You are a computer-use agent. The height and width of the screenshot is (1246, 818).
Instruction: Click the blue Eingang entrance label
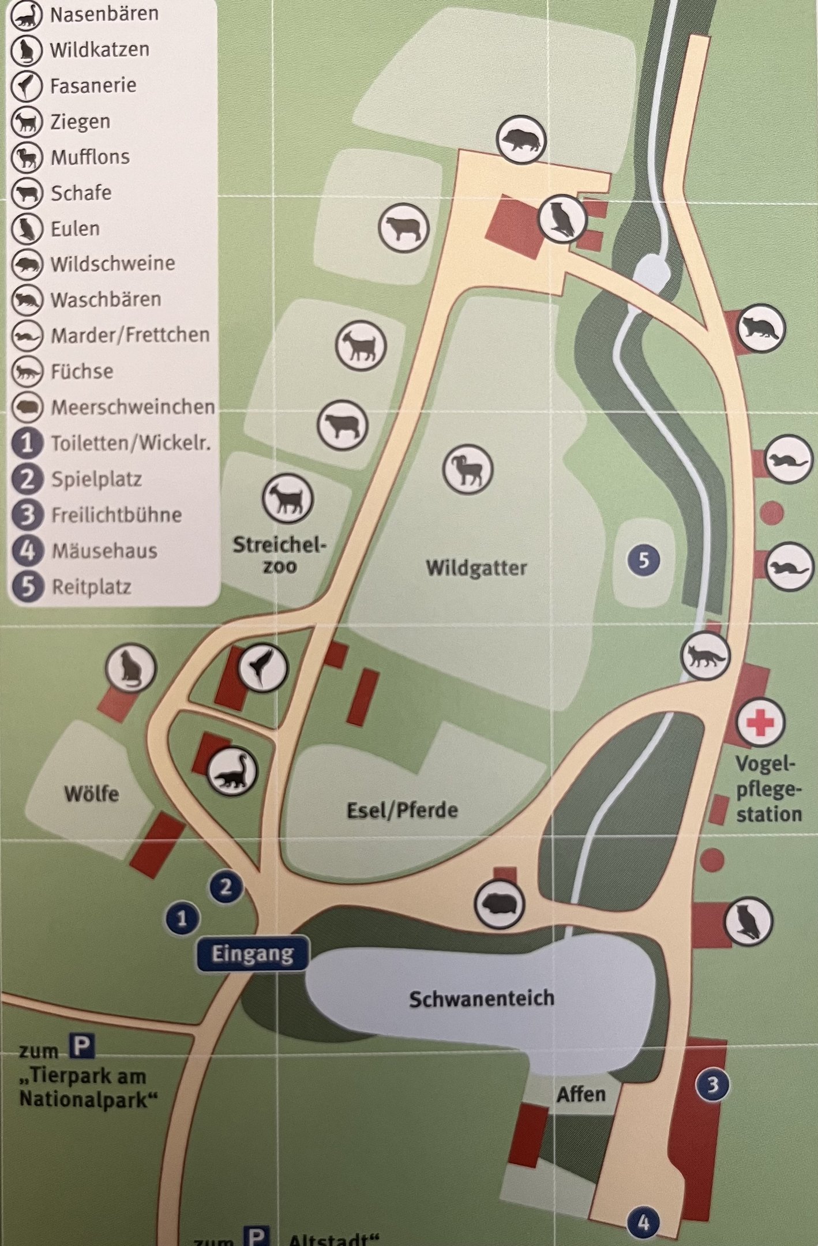pyautogui.click(x=252, y=954)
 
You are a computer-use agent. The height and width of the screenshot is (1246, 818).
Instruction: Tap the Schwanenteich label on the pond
pyautogui.click(x=481, y=998)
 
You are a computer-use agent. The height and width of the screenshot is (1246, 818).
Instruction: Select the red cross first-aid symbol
pyautogui.click(x=760, y=722)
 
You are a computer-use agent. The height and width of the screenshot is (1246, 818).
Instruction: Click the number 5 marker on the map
pyautogui.click(x=644, y=560)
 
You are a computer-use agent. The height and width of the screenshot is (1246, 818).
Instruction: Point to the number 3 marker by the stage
pyautogui.click(x=712, y=1084)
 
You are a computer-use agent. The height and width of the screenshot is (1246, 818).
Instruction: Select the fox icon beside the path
pyautogui.click(x=705, y=656)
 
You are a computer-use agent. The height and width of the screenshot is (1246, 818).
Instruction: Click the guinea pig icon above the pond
pyautogui.click(x=499, y=904)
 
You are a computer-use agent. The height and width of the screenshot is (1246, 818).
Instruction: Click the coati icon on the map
pyautogui.click(x=232, y=772)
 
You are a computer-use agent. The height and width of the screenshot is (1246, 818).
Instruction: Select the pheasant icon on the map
pyautogui.click(x=262, y=667)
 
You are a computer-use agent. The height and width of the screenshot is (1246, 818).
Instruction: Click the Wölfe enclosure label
pyautogui.click(x=92, y=794)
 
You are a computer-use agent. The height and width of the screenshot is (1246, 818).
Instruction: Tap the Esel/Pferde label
pyautogui.click(x=402, y=810)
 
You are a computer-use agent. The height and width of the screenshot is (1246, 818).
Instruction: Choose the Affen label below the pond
pyautogui.click(x=581, y=1094)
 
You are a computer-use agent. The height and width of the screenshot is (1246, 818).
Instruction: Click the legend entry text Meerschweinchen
pyautogui.click(x=133, y=407)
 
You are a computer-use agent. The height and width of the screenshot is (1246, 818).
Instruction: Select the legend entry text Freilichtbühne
pyautogui.click(x=117, y=515)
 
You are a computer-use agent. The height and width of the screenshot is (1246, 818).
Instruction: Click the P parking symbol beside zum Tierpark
pyautogui.click(x=82, y=1046)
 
